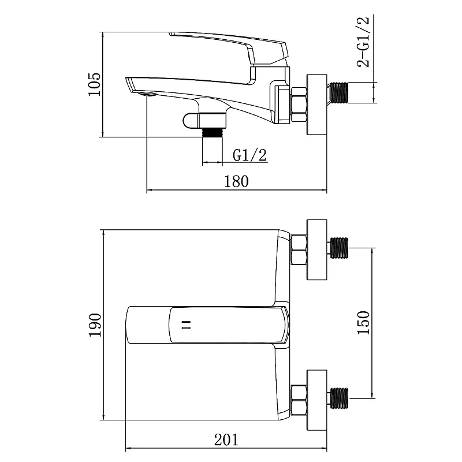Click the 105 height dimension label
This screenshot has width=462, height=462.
[x=94, y=84]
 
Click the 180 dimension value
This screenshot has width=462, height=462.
[x=236, y=181]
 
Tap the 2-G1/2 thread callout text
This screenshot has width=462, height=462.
[x=363, y=42]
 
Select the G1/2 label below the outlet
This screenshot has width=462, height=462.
[x=249, y=155]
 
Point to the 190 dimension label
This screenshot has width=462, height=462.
[x=95, y=325]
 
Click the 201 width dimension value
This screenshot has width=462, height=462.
[x=226, y=440]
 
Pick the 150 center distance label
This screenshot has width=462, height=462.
[x=363, y=322]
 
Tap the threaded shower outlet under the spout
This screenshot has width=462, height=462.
[x=213, y=132]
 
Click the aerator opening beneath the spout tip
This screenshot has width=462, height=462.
[x=147, y=94]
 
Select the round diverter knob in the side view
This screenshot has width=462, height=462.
[x=191, y=121]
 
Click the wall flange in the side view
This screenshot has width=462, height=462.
[x=316, y=105]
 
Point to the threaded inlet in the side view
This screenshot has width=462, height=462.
[x=339, y=93]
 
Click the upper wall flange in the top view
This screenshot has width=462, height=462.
[x=316, y=249]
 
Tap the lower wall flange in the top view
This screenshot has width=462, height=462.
[x=316, y=400]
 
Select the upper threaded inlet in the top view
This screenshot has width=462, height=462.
[x=339, y=248]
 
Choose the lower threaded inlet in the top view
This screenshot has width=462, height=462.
[x=339, y=398]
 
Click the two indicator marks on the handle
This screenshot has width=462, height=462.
[x=186, y=325]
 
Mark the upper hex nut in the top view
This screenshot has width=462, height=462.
[x=299, y=249]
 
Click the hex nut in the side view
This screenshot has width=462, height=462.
[x=299, y=104]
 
